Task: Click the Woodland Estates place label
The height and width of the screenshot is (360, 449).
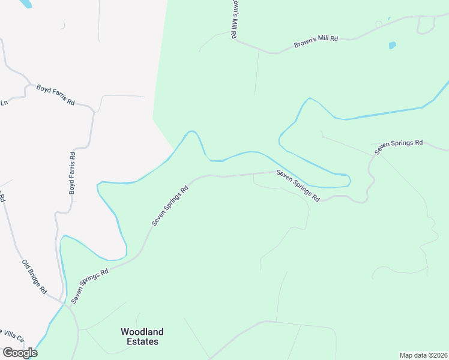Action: (142, 337)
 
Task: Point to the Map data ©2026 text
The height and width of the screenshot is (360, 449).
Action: (424, 355)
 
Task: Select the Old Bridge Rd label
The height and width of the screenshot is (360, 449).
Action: (34, 276)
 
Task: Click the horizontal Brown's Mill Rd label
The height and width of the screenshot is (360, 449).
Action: (316, 41)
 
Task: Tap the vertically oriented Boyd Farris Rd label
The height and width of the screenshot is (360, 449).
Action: (72, 173)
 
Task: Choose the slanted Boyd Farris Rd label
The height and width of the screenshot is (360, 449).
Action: (55, 95)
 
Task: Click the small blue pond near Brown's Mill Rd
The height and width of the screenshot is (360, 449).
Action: (392, 45)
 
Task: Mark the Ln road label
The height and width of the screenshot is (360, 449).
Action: (4, 102)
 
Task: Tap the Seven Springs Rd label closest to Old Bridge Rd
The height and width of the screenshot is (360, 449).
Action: (90, 285)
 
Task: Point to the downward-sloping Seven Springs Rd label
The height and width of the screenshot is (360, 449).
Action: (298, 185)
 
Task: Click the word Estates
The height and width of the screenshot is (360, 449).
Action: (142, 342)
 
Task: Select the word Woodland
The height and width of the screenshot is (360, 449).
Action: (142, 331)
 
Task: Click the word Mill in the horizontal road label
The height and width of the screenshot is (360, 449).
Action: (318, 41)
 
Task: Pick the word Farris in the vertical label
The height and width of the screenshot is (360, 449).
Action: (72, 174)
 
